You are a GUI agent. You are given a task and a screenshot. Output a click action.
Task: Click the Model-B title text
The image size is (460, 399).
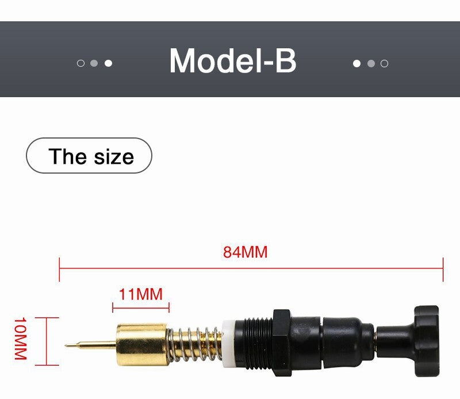tap(233, 60)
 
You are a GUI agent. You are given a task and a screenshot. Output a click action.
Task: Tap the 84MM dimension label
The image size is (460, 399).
tap(246, 252)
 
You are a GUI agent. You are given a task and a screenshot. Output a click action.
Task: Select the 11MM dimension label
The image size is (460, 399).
tap(140, 294)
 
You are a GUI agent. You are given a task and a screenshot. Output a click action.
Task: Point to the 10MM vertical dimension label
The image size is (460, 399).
tap(21, 338)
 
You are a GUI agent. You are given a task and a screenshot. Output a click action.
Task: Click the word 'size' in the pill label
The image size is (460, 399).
tap(114, 156)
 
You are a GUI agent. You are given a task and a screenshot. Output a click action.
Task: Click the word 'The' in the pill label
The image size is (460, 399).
tap(68, 156)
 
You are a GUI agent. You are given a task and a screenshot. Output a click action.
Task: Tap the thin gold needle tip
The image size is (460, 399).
tap(66, 345)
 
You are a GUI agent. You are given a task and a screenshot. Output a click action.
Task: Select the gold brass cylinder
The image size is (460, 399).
tap(142, 344)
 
